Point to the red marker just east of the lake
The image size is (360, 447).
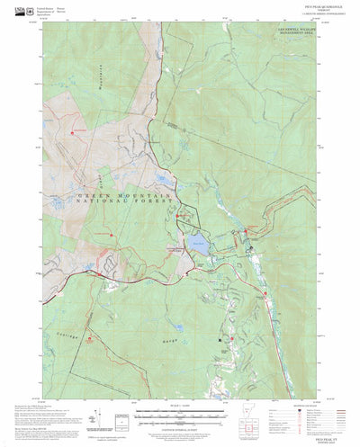[246, 233]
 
